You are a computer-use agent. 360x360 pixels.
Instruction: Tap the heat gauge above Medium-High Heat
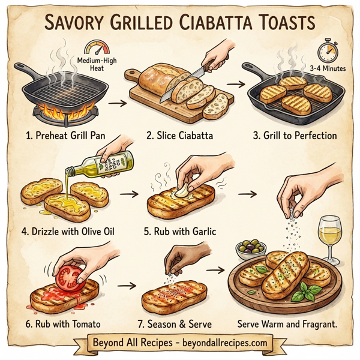click(x=94, y=49)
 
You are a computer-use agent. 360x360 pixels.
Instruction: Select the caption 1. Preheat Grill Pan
click(x=62, y=136)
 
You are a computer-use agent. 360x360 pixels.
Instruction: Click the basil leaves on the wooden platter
click(x=310, y=293)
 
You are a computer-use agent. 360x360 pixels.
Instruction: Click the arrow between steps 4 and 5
click(x=126, y=195)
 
